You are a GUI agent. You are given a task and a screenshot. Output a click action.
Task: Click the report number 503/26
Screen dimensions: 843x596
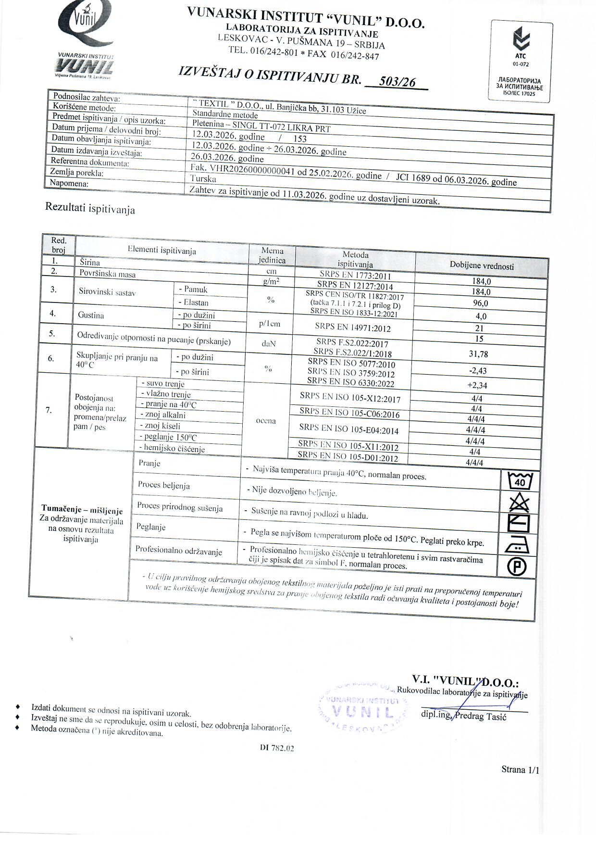(x=397, y=82)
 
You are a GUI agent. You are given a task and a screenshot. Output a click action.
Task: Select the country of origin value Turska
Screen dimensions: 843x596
(x=203, y=178)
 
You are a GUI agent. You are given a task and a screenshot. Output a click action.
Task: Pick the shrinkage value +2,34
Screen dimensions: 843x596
(x=477, y=385)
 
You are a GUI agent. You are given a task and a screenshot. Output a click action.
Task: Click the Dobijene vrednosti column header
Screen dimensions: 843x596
(x=482, y=266)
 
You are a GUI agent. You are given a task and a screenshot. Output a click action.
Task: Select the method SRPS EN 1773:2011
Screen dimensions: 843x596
(x=355, y=276)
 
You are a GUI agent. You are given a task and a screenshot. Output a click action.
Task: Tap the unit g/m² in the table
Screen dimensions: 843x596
(x=272, y=282)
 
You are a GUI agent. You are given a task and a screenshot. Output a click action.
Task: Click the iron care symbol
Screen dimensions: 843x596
(x=517, y=545)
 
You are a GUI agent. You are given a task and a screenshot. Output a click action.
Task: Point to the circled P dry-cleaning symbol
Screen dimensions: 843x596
(x=517, y=567)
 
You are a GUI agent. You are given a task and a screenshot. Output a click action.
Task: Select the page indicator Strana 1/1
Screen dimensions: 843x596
(x=520, y=769)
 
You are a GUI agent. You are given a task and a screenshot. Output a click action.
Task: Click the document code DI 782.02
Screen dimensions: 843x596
(x=276, y=748)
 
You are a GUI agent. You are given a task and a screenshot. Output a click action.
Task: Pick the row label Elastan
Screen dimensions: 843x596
(x=196, y=302)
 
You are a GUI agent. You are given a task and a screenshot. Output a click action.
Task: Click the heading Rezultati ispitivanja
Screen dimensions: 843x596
(x=90, y=208)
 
